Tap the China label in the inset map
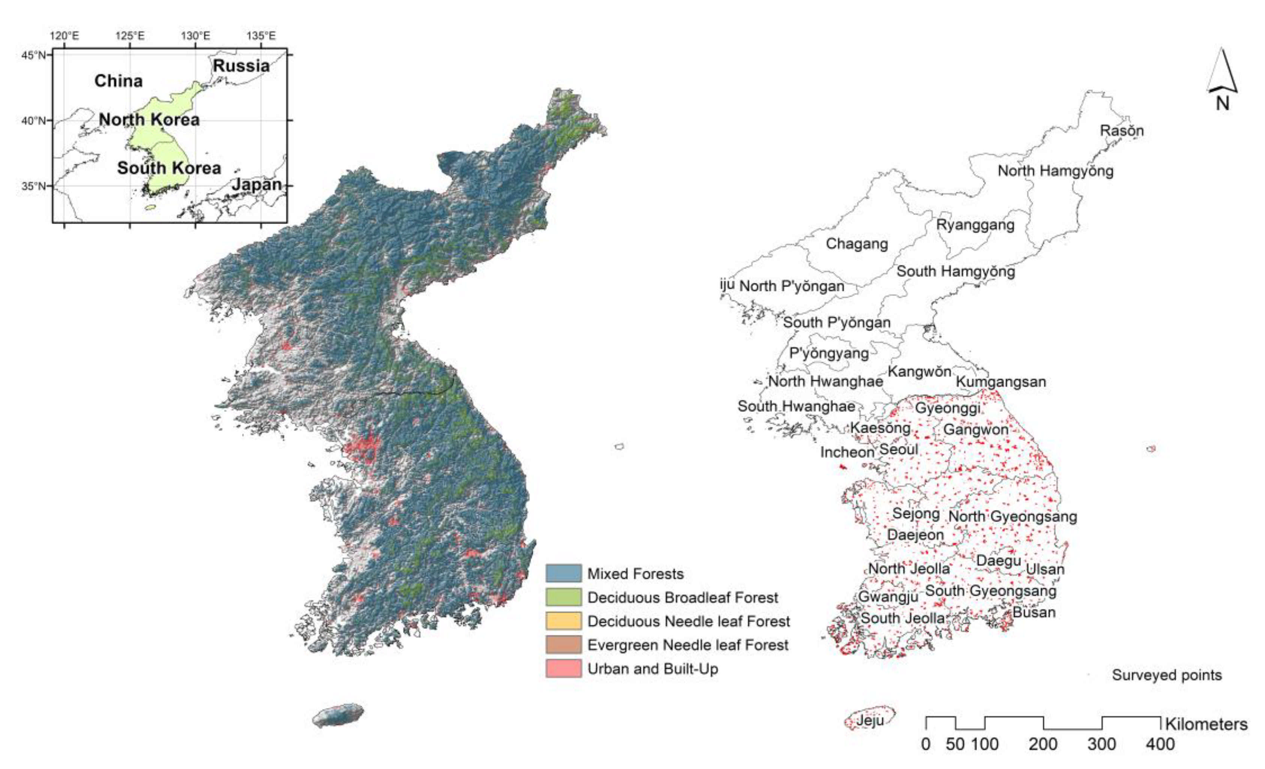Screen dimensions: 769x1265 (x=119, y=81)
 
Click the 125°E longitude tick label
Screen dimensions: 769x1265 (x=130, y=36)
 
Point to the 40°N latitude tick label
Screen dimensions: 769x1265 (x=34, y=121)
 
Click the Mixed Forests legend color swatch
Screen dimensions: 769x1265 (x=563, y=573)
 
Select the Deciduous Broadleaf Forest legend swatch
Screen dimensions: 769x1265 (x=563, y=597)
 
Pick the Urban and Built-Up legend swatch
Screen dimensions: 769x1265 (x=563, y=669)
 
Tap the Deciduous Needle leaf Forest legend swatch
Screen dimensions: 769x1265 (x=563, y=621)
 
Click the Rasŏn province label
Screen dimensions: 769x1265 (x=1121, y=131)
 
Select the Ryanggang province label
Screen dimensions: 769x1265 (x=975, y=225)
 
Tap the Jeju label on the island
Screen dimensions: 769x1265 (x=870, y=720)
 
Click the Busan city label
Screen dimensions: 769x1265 (x=1034, y=612)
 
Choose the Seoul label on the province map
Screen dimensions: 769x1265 (x=899, y=449)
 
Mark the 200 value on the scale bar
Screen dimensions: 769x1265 (x=1043, y=744)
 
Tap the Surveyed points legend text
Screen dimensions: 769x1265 (x=1166, y=675)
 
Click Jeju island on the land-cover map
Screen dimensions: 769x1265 (x=338, y=715)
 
